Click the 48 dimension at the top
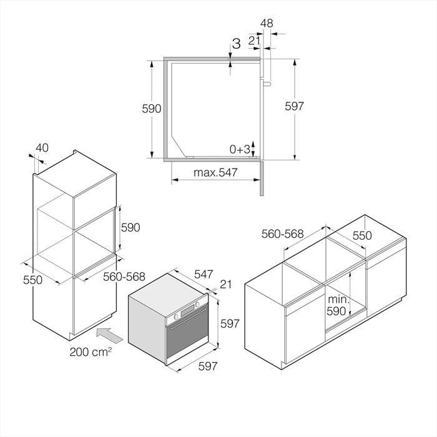click(267, 23)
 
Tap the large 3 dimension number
click(237, 44)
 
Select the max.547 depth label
click(215, 172)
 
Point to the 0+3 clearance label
click(240, 150)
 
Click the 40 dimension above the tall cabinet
click(42, 148)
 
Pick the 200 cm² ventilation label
click(91, 351)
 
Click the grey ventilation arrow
click(109, 335)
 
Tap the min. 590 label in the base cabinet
click(337, 305)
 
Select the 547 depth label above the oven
click(204, 274)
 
